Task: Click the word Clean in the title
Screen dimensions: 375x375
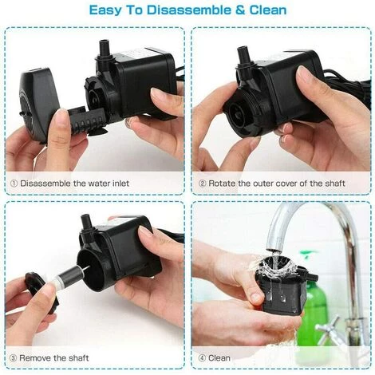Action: point(268,10)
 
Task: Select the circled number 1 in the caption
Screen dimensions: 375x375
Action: point(14,184)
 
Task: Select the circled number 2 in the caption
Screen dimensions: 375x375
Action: point(203,184)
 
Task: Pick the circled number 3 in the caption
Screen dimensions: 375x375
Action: point(13,358)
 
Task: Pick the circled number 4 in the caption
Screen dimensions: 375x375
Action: point(202,358)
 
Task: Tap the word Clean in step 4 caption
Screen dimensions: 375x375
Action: point(219,357)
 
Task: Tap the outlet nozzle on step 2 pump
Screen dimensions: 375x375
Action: point(243,55)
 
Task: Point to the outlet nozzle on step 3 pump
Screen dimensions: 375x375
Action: point(86,221)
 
